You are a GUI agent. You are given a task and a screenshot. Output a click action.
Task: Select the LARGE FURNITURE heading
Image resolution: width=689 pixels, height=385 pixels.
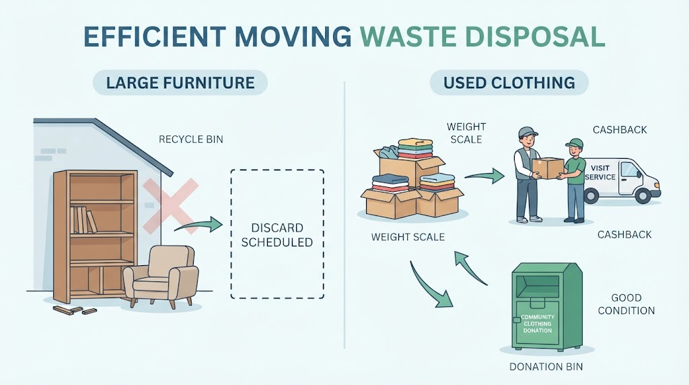(180, 83)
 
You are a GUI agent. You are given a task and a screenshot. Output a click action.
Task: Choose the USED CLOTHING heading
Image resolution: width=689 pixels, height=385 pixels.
(509, 83)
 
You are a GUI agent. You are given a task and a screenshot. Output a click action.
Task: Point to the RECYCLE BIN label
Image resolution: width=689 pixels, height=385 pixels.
(190, 139)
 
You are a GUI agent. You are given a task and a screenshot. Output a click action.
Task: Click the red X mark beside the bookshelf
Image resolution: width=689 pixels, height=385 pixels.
(170, 206)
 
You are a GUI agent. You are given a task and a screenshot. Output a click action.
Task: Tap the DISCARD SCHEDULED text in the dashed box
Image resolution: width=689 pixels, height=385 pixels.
(277, 235)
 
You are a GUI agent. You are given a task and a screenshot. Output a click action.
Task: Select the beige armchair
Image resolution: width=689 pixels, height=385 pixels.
(160, 276)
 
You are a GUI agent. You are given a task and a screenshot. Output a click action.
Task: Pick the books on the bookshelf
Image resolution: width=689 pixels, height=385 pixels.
(83, 219)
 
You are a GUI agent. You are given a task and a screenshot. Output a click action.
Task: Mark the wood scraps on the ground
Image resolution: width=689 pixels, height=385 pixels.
(75, 310)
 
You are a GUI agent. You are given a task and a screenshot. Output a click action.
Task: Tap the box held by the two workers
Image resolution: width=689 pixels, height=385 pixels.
(548, 168)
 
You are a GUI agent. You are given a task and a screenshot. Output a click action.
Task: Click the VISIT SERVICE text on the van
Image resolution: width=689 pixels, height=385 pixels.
(600, 173)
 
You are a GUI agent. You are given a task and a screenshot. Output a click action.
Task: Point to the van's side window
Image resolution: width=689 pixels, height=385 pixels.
(630, 169)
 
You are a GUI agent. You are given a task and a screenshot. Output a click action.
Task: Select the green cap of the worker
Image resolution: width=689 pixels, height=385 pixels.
(575, 143)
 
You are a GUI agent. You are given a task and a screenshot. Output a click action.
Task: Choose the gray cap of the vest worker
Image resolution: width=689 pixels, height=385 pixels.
(527, 131)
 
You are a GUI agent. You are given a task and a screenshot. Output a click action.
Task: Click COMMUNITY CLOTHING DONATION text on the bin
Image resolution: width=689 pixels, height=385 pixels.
(538, 324)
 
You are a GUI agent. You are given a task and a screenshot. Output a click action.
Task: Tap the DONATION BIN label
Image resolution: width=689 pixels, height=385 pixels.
(546, 367)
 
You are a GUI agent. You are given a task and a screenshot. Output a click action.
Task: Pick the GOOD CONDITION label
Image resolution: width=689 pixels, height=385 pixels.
(626, 304)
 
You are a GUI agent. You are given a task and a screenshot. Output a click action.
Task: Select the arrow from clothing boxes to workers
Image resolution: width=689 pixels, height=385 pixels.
(484, 176)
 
